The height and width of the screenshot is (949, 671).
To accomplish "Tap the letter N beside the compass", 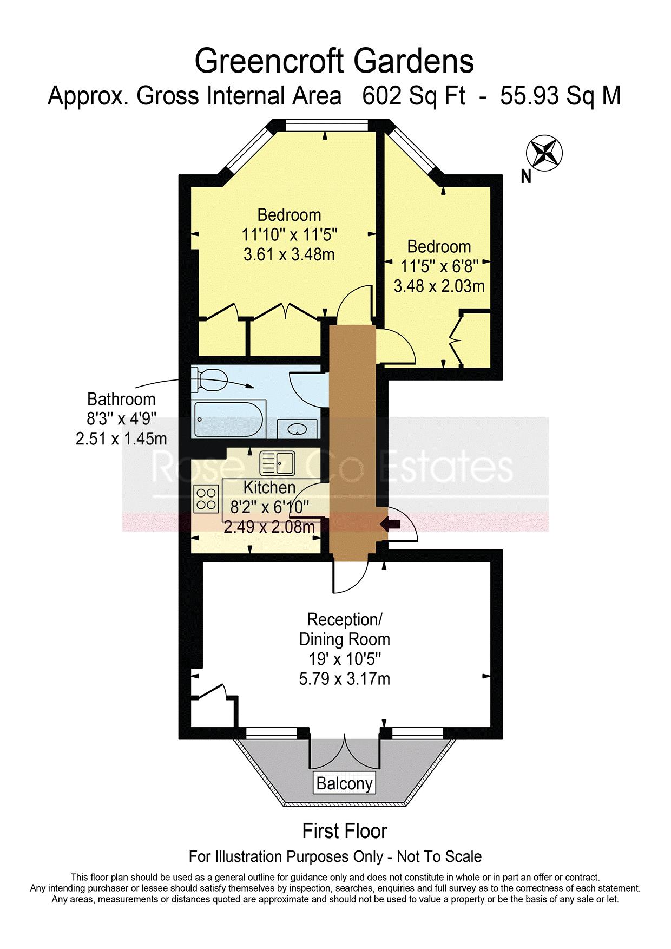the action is point(526,176).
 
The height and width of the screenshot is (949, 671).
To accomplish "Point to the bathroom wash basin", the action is point(297,430).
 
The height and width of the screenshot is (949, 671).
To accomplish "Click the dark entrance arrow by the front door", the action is point(391,523).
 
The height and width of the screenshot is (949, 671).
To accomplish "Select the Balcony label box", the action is point(344,783).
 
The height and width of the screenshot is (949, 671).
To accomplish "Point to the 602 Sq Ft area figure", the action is point(413,96).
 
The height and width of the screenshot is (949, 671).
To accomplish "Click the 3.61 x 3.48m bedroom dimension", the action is point(289,254).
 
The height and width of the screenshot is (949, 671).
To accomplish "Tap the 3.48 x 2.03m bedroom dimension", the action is point(439,286).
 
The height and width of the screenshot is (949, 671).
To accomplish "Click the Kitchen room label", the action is point(269,487).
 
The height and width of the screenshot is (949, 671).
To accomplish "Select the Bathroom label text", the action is point(121,400).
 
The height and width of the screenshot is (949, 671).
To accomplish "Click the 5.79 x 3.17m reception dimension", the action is point(345,678).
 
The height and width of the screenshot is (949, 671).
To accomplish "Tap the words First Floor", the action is point(345,831).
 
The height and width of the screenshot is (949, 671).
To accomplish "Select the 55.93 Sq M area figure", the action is point(561,96).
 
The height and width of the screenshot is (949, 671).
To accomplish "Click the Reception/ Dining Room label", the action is point(345,629).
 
